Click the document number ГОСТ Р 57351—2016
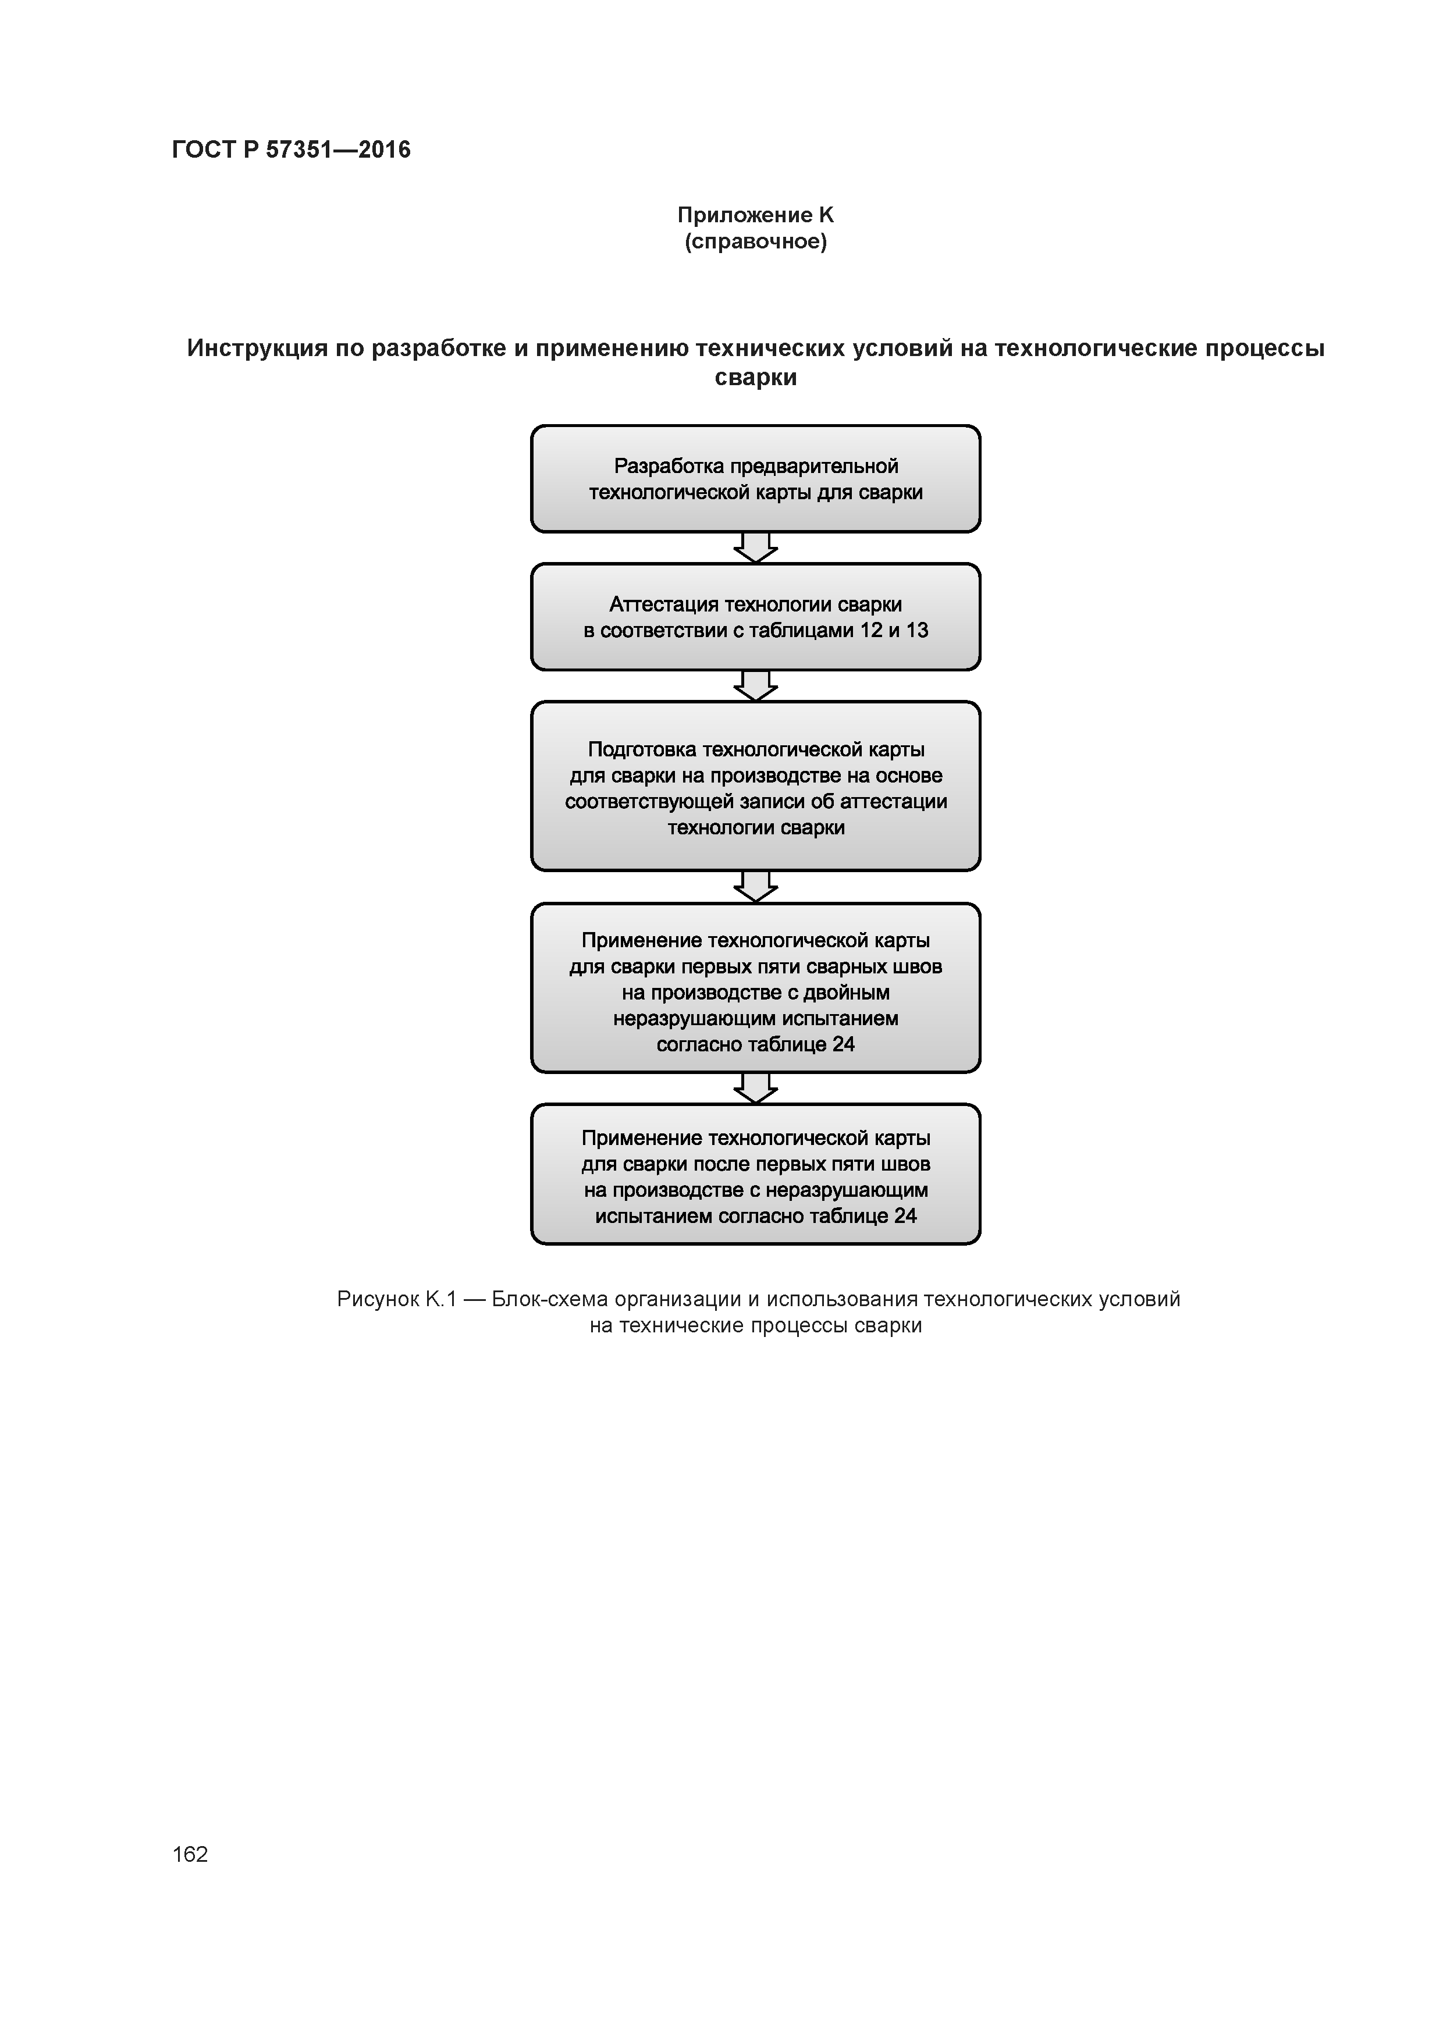[291, 150]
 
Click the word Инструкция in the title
[257, 349]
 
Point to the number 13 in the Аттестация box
[916, 630]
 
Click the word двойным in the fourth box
[847, 993]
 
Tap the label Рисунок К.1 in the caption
[396, 1300]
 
